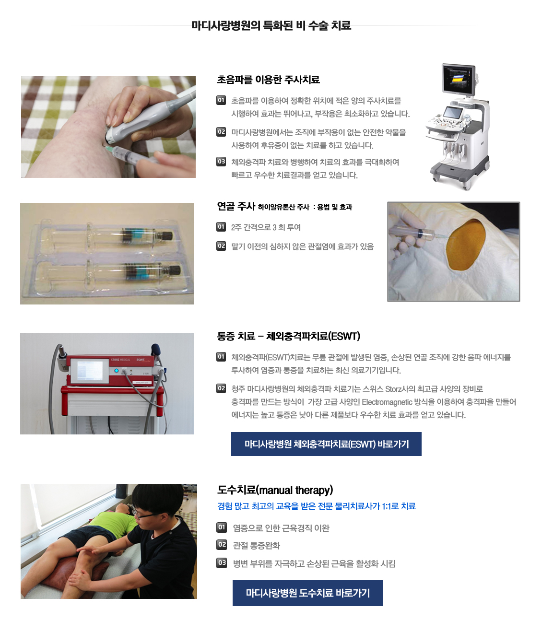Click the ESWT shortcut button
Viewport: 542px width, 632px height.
tap(326, 444)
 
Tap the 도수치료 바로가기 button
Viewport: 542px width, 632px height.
tap(307, 593)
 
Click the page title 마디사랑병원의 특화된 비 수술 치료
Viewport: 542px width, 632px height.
tap(271, 25)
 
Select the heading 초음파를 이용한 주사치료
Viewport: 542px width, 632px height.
tap(268, 80)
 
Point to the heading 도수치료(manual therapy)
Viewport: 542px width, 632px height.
tap(275, 490)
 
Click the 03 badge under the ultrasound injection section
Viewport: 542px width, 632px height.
tap(221, 162)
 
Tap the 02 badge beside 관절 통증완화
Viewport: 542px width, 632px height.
tap(222, 545)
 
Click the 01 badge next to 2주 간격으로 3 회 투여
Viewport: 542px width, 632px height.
tap(221, 227)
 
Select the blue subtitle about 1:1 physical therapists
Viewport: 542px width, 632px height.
tap(317, 506)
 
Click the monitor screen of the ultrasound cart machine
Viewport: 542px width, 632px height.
tap(458, 79)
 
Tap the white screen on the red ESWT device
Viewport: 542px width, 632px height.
tap(90, 371)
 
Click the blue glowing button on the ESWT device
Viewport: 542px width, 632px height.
tap(116, 371)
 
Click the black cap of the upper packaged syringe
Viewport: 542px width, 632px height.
tap(167, 236)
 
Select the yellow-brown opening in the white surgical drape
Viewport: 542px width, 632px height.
tap(466, 245)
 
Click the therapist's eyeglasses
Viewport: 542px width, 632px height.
tap(146, 515)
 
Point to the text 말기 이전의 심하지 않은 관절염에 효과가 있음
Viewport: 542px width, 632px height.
tap(303, 246)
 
